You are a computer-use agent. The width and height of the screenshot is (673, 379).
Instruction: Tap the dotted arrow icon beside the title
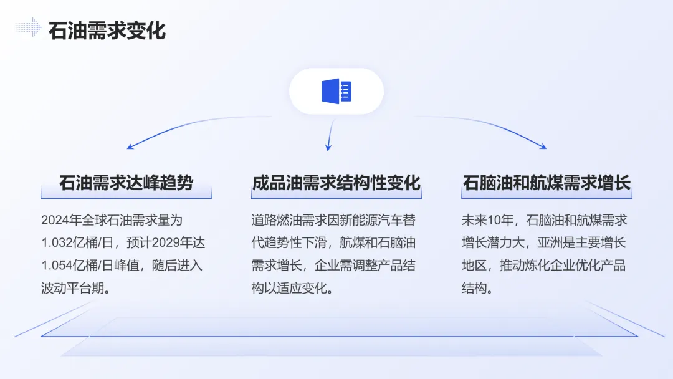[x=28, y=27]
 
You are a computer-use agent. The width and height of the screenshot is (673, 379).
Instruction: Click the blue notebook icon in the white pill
[x=336, y=91]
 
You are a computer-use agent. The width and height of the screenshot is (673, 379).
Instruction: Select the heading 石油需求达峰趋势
[x=126, y=183]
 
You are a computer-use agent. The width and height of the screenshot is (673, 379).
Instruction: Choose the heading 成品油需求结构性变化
[x=336, y=183]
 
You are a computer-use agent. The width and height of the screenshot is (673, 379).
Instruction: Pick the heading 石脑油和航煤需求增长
[x=547, y=183]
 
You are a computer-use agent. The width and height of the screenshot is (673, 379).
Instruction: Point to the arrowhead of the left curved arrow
[x=130, y=147]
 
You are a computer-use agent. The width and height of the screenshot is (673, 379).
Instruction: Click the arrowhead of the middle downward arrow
[x=328, y=148]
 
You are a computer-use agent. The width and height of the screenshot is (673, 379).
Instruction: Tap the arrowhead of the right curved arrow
[x=543, y=147]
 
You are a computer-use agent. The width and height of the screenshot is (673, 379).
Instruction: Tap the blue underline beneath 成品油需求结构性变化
[x=336, y=198]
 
